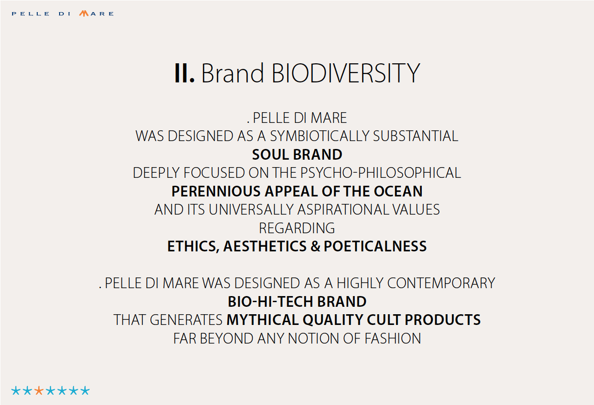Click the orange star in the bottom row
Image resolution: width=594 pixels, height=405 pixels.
pos(39,391)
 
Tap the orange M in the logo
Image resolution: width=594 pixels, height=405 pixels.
pos(84,13)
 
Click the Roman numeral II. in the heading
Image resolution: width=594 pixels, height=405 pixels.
pos(184,74)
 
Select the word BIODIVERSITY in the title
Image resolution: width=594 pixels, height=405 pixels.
pos(346,74)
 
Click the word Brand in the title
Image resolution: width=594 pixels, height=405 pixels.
pos(233,73)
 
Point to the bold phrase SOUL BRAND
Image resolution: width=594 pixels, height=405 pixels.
pos(297,155)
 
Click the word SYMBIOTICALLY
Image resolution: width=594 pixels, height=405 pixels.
pos(319,136)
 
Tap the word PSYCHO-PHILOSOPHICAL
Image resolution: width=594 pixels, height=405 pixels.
pos(380,173)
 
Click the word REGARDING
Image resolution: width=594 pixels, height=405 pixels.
pos(297,228)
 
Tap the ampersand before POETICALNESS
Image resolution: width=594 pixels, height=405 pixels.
pos(315,246)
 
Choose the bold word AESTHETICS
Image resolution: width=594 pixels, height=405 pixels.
pos(265,246)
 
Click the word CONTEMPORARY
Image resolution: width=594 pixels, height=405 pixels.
pos(441,283)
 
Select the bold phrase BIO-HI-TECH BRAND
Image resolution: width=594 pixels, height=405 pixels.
pos(297,302)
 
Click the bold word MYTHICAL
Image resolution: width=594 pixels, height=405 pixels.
pos(263,320)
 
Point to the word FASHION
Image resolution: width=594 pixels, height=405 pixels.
pos(393,338)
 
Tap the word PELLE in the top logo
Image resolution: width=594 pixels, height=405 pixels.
pos(31,14)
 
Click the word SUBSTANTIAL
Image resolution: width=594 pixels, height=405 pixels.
pos(416,136)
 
